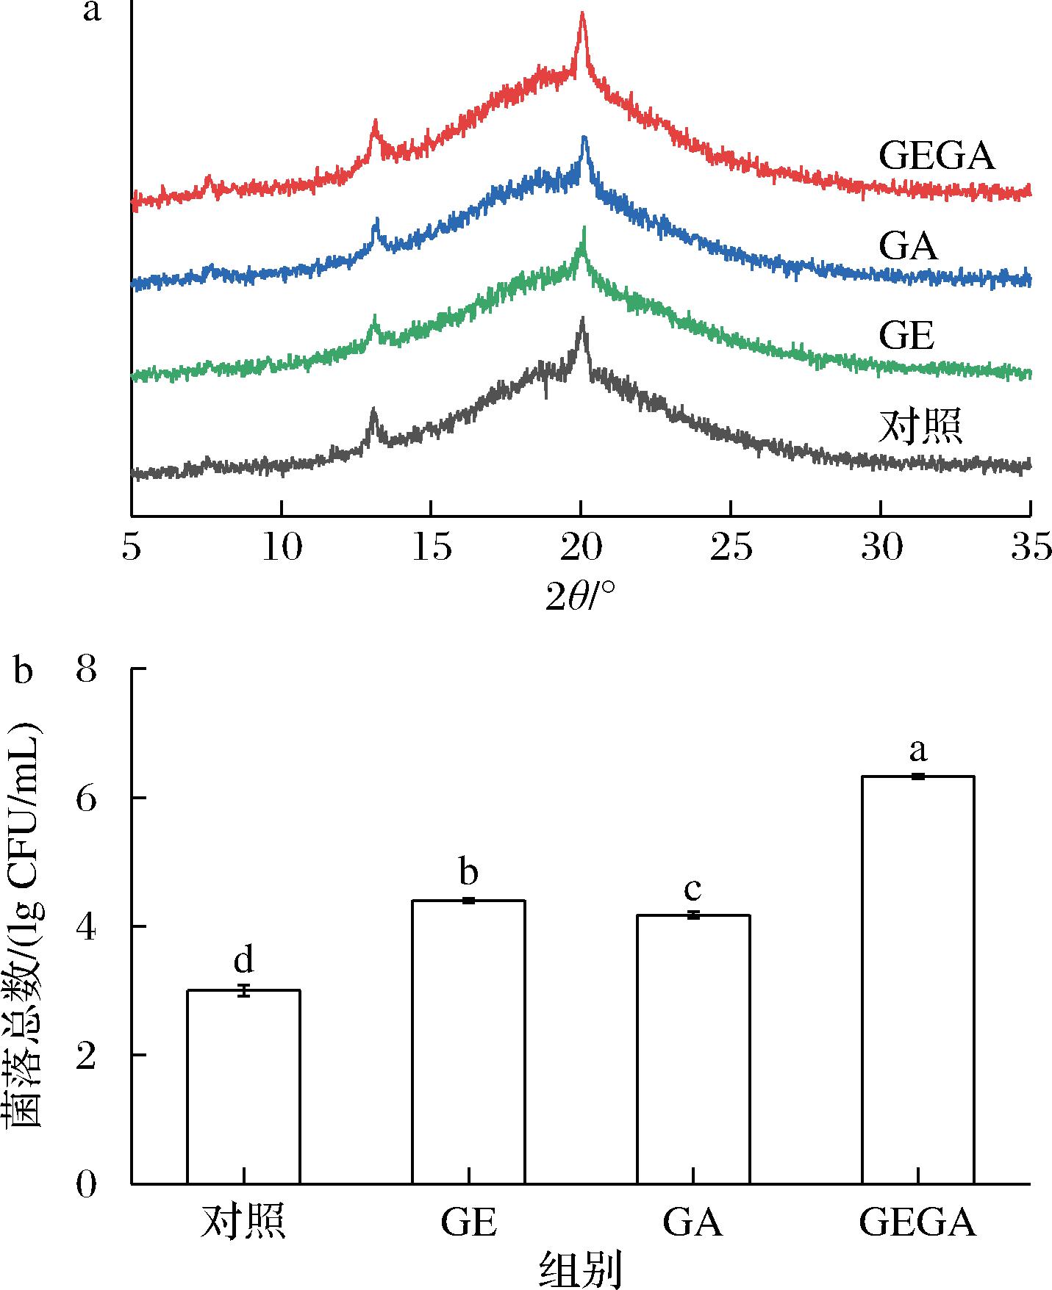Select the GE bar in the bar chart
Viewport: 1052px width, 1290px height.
pyautogui.click(x=468, y=1042)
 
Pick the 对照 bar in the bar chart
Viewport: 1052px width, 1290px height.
pyautogui.click(x=243, y=1087)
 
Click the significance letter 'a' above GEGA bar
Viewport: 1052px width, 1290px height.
pyautogui.click(x=917, y=750)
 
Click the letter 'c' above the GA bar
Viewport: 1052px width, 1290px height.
pyautogui.click(x=693, y=890)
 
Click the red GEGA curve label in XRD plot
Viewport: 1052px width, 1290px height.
pyautogui.click(x=936, y=156)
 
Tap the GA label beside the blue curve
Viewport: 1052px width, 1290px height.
pyautogui.click(x=909, y=246)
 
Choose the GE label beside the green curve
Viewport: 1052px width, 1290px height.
pyautogui.click(x=906, y=336)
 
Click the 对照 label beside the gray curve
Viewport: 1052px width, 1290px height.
pyautogui.click(x=920, y=427)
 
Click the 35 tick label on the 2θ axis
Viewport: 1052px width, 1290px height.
pyautogui.click(x=1030, y=548)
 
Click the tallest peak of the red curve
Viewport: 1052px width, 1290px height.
pyautogui.click(x=582, y=13)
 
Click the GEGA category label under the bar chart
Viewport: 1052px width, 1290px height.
pyautogui.click(x=917, y=1224)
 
